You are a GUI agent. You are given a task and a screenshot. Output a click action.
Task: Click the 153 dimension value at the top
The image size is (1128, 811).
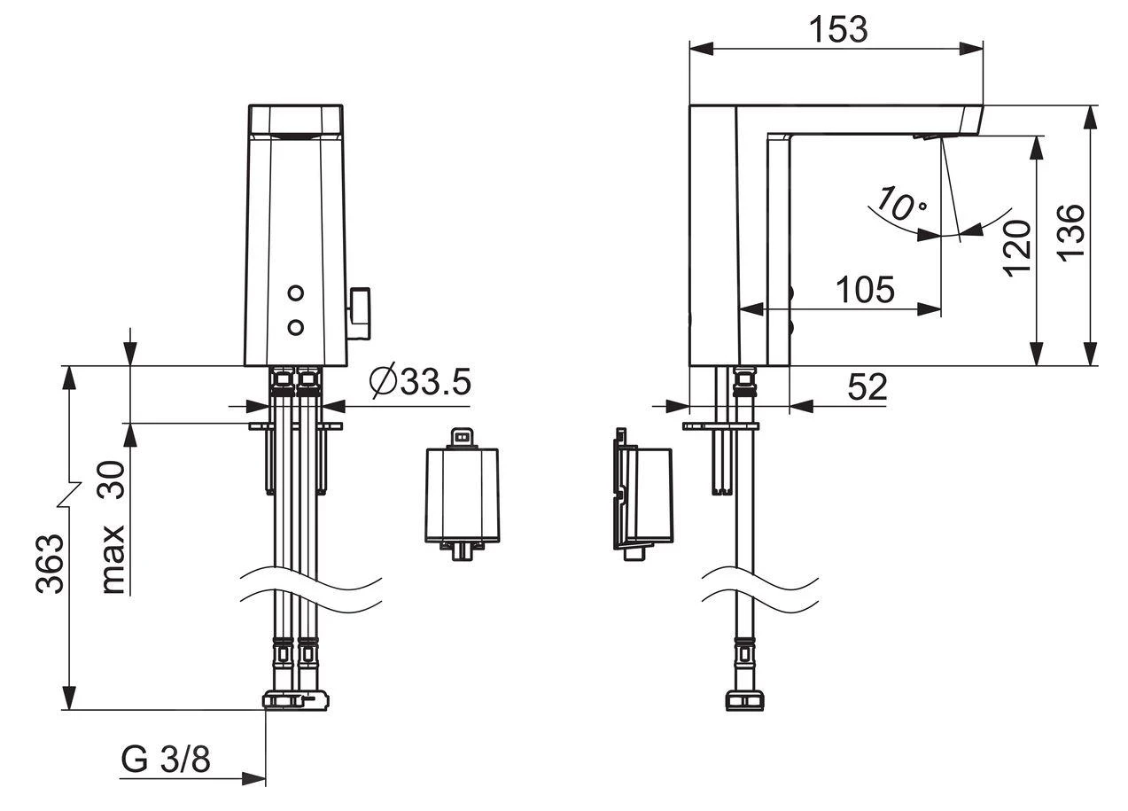point(837,29)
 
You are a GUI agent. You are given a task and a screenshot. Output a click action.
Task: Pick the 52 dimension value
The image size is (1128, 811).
point(867,387)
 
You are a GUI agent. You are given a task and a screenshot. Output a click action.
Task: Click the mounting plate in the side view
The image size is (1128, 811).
point(721,426)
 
